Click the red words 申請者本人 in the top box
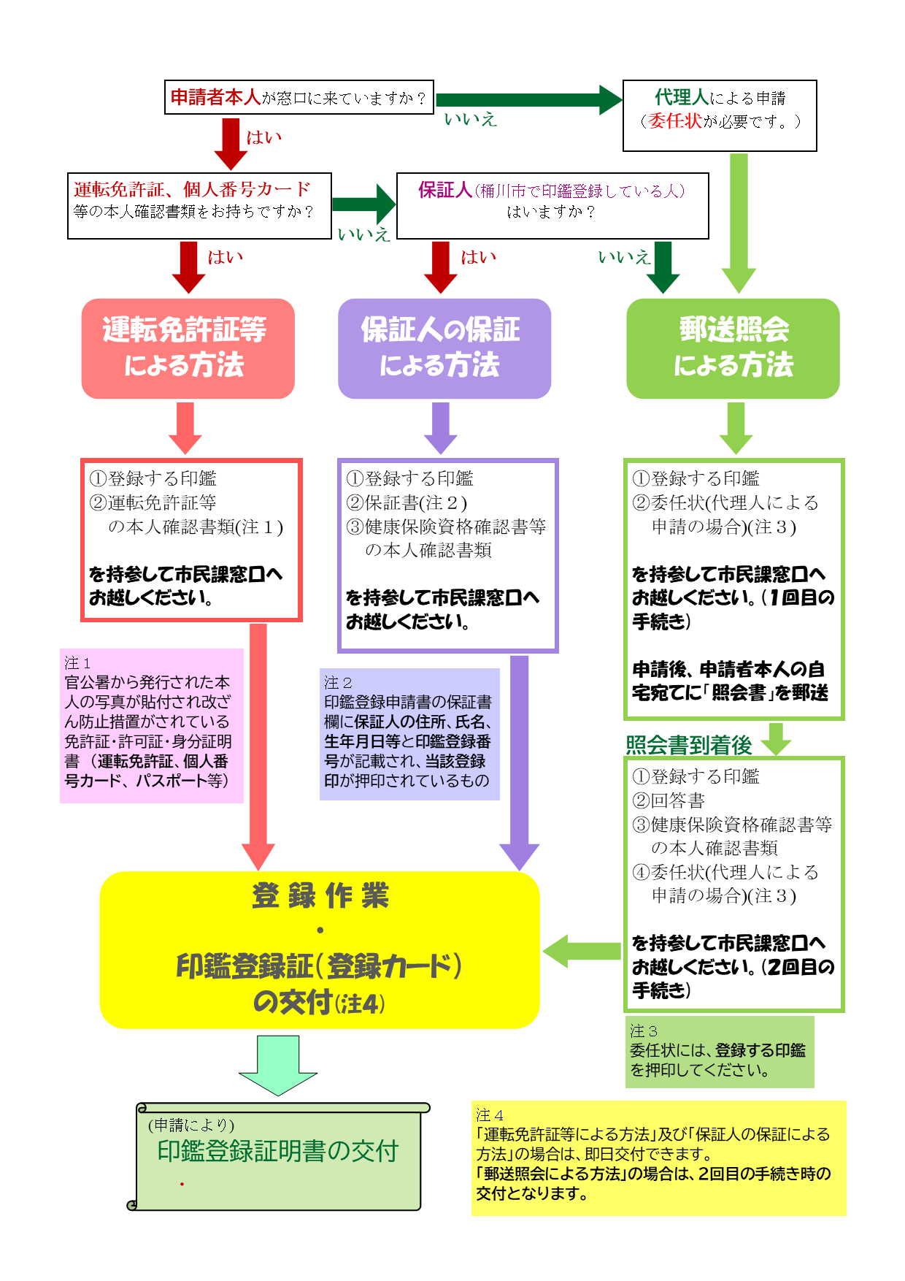click(x=215, y=97)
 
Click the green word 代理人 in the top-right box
click(x=682, y=97)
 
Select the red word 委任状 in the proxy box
click(x=675, y=121)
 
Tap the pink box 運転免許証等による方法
click(x=188, y=348)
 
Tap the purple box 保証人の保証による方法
click(x=444, y=348)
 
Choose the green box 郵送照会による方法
click(x=733, y=348)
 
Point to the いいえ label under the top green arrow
click(x=470, y=119)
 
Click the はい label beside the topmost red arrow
click(x=263, y=137)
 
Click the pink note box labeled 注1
click(x=151, y=725)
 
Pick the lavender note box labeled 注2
click(x=409, y=734)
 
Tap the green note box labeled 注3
click(x=719, y=1052)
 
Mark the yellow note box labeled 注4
click(x=658, y=1158)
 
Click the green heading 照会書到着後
click(x=688, y=745)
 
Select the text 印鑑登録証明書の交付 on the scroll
click(x=278, y=1152)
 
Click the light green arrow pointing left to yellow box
click(x=581, y=950)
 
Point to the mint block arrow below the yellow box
click(x=278, y=1065)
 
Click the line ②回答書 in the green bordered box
click(x=669, y=800)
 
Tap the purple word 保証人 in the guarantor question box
click(x=444, y=191)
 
